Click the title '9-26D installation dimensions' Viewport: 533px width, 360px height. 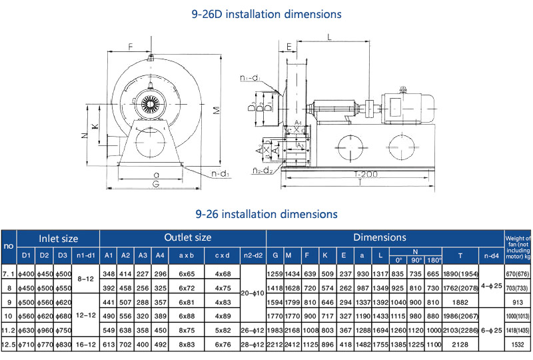point(266,13)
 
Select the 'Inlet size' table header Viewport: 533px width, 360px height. point(59,237)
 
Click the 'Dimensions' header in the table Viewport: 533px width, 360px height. point(380,237)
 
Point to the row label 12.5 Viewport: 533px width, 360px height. point(9,343)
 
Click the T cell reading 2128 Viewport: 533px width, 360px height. point(461,343)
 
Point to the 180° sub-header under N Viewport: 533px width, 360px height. point(434,259)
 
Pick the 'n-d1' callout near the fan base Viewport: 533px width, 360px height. point(221,175)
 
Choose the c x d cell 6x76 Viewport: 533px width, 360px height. point(223,343)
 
